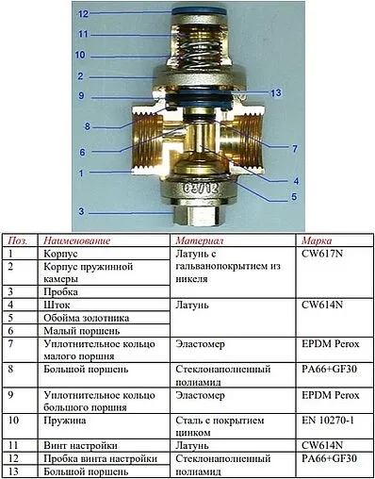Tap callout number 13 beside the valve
[275, 92]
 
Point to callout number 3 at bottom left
[82, 210]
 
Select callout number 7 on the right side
[294, 148]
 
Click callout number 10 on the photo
[82, 55]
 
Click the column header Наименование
[77, 241]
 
